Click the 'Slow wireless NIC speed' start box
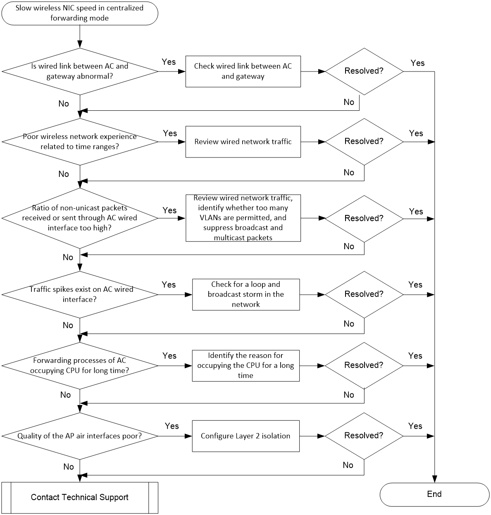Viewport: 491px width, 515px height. (x=80, y=13)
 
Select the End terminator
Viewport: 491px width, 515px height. (x=434, y=494)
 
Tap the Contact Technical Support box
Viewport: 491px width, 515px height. (x=80, y=498)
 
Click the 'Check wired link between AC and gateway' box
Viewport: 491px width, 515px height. (x=243, y=71)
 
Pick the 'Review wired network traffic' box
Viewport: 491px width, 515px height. (x=243, y=142)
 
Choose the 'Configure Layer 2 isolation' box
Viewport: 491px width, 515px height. (x=245, y=436)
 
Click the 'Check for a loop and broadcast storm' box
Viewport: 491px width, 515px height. (x=246, y=294)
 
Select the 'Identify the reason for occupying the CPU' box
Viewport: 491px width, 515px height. (x=245, y=365)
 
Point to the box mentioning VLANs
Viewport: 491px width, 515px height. (x=243, y=218)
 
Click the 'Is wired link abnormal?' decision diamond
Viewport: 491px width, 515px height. (x=80, y=71)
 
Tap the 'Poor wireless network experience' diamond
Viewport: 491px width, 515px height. (x=80, y=142)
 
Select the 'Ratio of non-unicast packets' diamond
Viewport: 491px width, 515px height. (x=80, y=218)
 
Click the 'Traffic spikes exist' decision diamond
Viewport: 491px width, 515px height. (x=80, y=294)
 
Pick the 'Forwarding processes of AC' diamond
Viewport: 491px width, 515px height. (x=80, y=365)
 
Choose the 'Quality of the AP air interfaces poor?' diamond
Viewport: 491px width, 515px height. (x=80, y=436)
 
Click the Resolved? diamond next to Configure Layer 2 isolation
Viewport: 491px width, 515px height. (x=364, y=436)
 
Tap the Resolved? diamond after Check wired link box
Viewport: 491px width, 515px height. (x=364, y=71)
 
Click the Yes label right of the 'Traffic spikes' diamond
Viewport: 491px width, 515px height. (x=169, y=284)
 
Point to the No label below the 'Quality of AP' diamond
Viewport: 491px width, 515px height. (x=69, y=467)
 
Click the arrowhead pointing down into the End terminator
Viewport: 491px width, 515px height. (x=434, y=479)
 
